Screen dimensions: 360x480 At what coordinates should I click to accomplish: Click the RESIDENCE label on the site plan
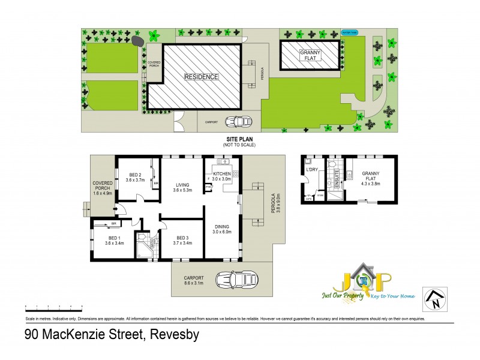point(201,77)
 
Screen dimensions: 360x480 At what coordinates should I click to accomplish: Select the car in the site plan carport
point(238,121)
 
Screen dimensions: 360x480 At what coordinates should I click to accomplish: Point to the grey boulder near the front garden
point(137,41)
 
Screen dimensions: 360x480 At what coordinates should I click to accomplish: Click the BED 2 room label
point(136,173)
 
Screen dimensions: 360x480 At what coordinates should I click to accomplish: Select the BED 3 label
point(182,238)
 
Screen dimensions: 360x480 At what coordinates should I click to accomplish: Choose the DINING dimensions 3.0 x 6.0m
point(222,232)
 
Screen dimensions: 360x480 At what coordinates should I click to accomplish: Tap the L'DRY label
point(311,170)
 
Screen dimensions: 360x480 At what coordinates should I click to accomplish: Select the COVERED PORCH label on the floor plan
point(103,187)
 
